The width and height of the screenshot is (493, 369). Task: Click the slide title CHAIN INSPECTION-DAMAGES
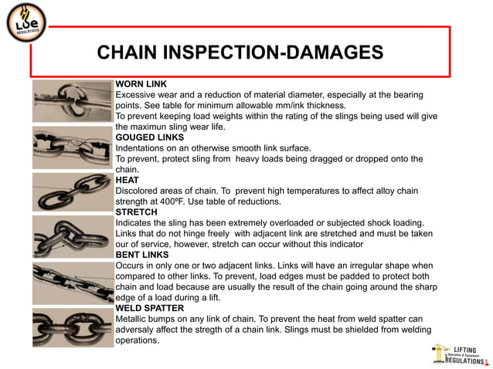(x=240, y=52)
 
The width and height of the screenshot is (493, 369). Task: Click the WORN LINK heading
(x=141, y=83)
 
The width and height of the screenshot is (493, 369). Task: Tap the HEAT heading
(x=127, y=180)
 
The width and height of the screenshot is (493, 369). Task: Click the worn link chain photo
(x=73, y=101)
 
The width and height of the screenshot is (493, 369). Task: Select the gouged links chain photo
(x=73, y=147)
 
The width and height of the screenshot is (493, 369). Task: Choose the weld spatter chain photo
(x=73, y=327)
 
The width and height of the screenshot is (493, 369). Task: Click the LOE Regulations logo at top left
(x=26, y=25)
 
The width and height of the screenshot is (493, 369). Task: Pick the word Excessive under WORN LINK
(x=139, y=94)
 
